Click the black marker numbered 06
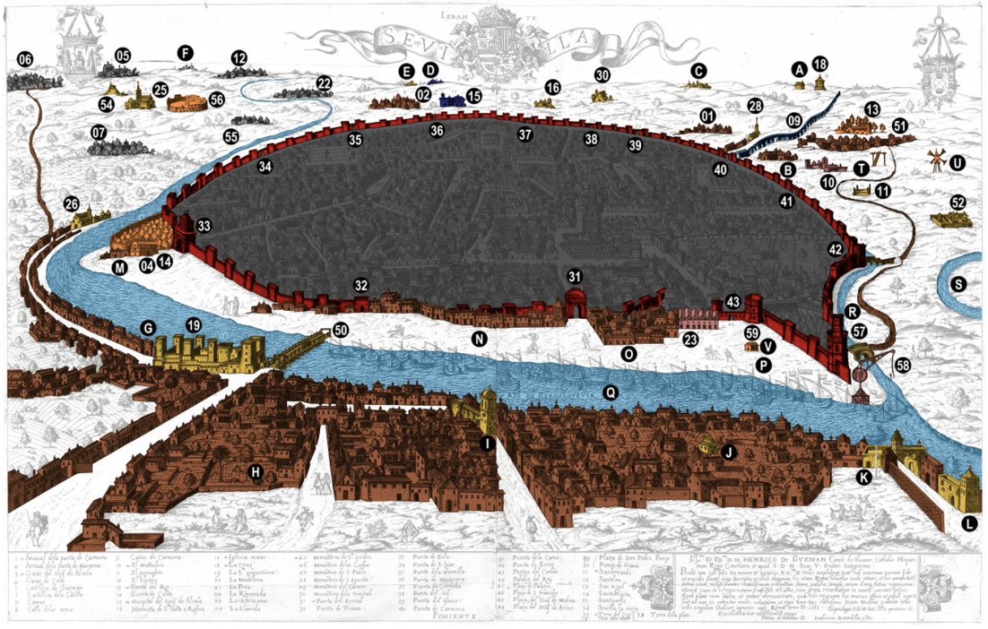(24, 60)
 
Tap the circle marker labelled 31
(575, 275)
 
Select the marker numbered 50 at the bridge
(341, 330)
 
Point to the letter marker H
(256, 471)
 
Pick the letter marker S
(959, 284)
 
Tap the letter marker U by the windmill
(958, 163)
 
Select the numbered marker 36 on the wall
(437, 131)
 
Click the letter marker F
(186, 52)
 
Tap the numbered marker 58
(903, 365)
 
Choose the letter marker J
(729, 453)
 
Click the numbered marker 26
(72, 204)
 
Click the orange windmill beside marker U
(933, 159)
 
